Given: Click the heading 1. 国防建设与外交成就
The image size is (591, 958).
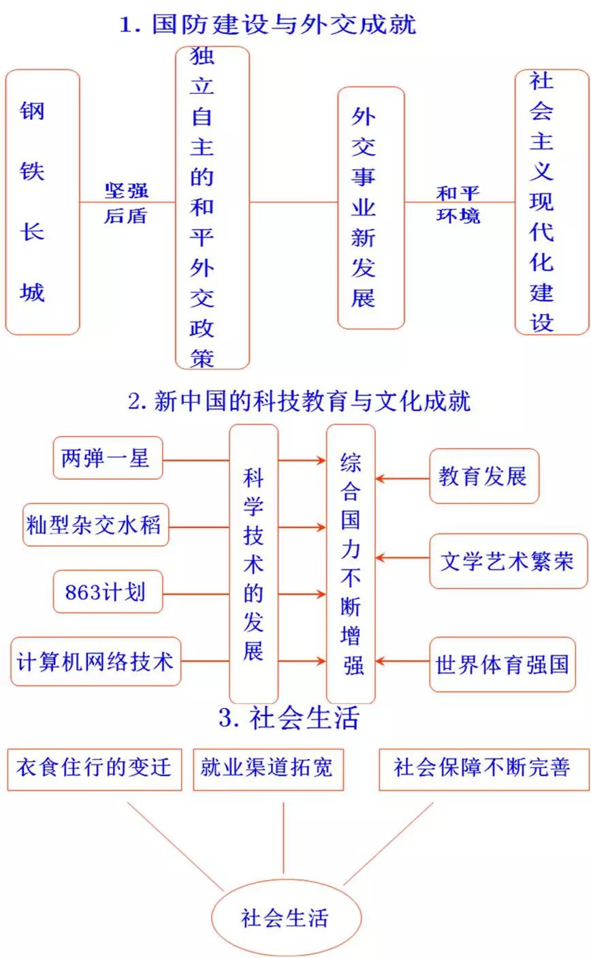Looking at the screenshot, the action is (x=268, y=25).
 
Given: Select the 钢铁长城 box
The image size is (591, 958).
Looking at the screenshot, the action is (x=43, y=202).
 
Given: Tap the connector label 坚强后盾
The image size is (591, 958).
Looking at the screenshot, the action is (x=126, y=203).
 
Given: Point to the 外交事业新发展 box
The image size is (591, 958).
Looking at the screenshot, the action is (x=371, y=208).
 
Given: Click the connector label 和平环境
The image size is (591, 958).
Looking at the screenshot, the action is (x=458, y=204).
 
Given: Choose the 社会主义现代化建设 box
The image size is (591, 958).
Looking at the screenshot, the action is (x=552, y=202).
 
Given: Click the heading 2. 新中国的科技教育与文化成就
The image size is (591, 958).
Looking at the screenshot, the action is (x=299, y=401).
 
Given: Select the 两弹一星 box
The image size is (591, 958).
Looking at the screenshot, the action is (x=108, y=458).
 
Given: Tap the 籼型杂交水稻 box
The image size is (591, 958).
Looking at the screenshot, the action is (x=96, y=525).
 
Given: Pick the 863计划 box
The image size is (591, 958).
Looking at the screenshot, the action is (x=108, y=591).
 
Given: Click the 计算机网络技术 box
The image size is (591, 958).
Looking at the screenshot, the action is (x=96, y=661).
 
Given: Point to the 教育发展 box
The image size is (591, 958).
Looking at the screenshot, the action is (x=484, y=476).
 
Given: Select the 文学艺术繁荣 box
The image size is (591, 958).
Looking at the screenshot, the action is (x=509, y=561).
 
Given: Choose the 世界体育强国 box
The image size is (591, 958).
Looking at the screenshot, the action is (x=502, y=664).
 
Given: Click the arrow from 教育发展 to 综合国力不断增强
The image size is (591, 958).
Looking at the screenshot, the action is (x=402, y=478).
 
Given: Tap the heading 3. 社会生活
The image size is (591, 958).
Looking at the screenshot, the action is (x=289, y=717).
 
